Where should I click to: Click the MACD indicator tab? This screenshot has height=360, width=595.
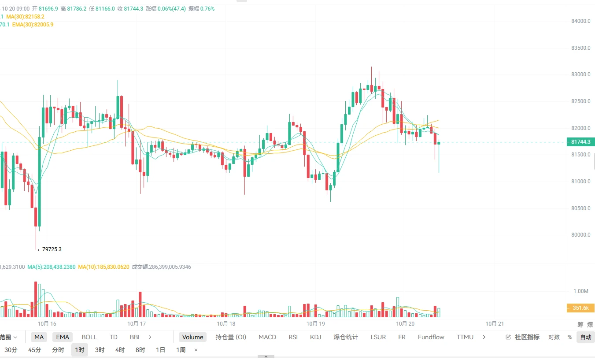[x=267, y=337]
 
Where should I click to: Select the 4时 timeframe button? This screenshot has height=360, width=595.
[x=120, y=350]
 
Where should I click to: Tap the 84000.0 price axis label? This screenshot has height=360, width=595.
[x=581, y=21]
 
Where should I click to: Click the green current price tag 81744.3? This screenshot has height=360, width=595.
[x=580, y=142]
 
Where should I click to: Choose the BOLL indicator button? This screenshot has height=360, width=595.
[x=89, y=337]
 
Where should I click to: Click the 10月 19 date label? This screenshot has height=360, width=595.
[x=316, y=323]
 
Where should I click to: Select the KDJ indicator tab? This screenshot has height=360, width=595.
[x=316, y=337]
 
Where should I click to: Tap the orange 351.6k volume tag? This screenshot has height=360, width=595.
[x=580, y=308]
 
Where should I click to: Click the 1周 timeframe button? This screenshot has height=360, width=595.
[x=181, y=350]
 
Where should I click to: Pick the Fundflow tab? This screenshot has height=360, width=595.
[x=431, y=337]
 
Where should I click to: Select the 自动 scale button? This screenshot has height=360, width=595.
[x=586, y=337]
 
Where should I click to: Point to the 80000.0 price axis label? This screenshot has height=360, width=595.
[x=581, y=235]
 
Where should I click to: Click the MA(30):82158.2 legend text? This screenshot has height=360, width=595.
[x=25, y=17]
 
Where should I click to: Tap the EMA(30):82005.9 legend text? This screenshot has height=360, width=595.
[x=33, y=25]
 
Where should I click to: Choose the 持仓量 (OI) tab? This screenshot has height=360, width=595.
[x=231, y=337]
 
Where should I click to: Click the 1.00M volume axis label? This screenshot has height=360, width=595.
[x=581, y=291]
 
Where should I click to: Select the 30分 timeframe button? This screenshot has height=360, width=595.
[x=11, y=350]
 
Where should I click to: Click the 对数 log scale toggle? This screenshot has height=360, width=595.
[x=554, y=337]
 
